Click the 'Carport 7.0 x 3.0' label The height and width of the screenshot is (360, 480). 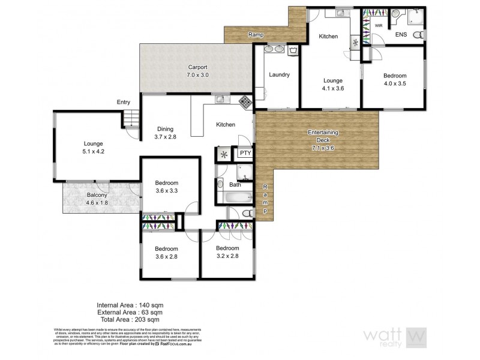click(197, 71)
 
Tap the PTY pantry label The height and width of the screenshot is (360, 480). click(245, 153)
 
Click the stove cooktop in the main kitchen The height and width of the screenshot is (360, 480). click(245, 102)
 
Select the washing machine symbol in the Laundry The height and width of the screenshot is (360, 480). click(293, 50)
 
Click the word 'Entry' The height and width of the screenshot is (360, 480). click(124, 103)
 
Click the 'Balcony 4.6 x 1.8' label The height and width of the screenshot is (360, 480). click(97, 199)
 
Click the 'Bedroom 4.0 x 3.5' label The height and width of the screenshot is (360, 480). click(395, 80)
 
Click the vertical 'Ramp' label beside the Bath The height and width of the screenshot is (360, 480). click(265, 200)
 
